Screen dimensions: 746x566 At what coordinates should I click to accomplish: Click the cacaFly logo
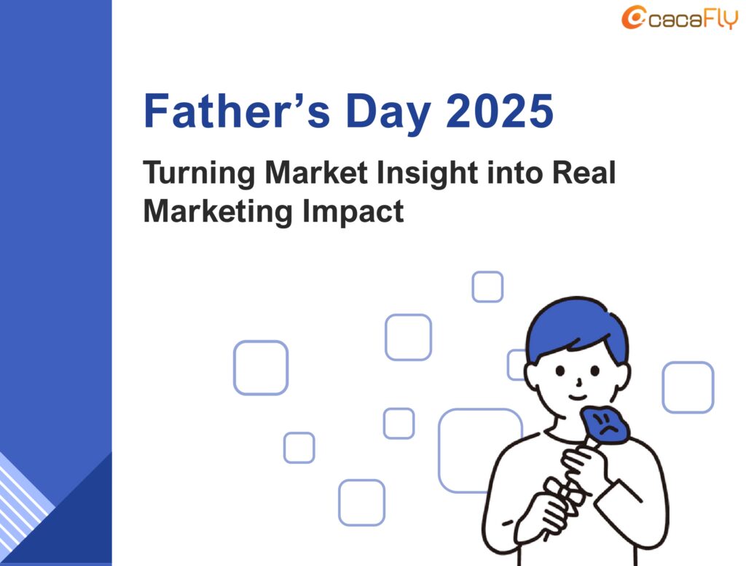680,18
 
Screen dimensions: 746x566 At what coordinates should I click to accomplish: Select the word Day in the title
388,114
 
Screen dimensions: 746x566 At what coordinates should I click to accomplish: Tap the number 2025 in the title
500,111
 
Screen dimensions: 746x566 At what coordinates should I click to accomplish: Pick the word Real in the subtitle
584,172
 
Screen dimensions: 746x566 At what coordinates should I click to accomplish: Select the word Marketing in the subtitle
217,212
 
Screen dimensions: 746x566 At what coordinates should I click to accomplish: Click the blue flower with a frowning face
605,422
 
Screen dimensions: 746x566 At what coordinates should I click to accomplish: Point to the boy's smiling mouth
578,397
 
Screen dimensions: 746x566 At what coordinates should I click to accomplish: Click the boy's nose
578,382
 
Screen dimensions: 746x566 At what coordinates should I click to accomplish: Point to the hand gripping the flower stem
581,465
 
